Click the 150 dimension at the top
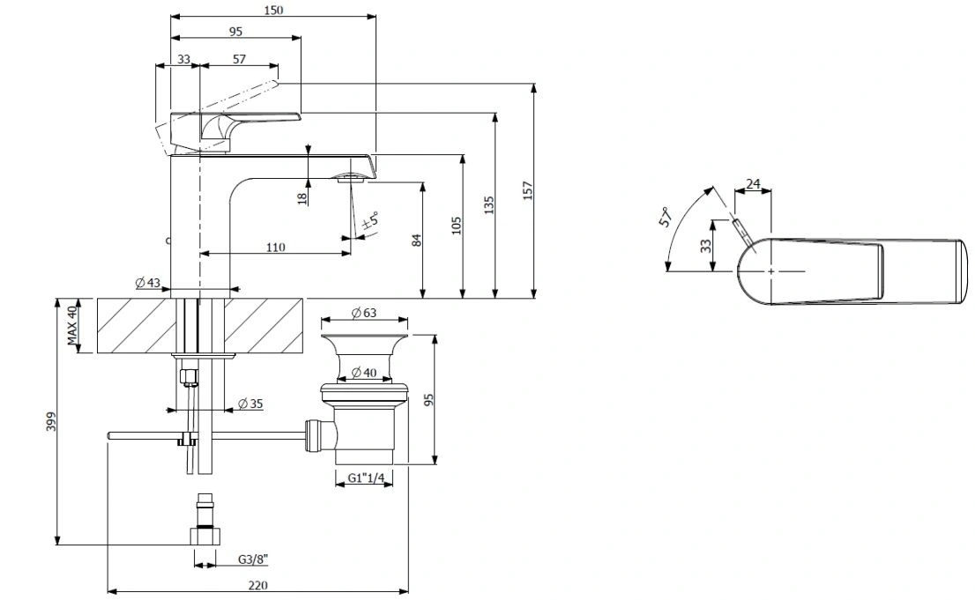click(x=273, y=10)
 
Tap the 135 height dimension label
click(x=488, y=205)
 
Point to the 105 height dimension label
click(x=457, y=225)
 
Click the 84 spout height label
click(x=417, y=240)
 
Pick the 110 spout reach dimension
click(x=275, y=248)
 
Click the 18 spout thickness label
click(x=303, y=198)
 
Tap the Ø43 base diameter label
click(x=148, y=283)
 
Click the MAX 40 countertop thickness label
click(x=73, y=325)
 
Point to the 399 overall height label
click(x=51, y=421)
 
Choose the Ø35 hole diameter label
click(x=250, y=404)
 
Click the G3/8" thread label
click(x=252, y=559)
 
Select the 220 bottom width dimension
click(x=257, y=585)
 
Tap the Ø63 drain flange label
click(x=364, y=313)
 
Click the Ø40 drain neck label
click(x=364, y=373)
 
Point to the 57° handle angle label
click(x=666, y=217)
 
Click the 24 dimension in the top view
click(x=753, y=184)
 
